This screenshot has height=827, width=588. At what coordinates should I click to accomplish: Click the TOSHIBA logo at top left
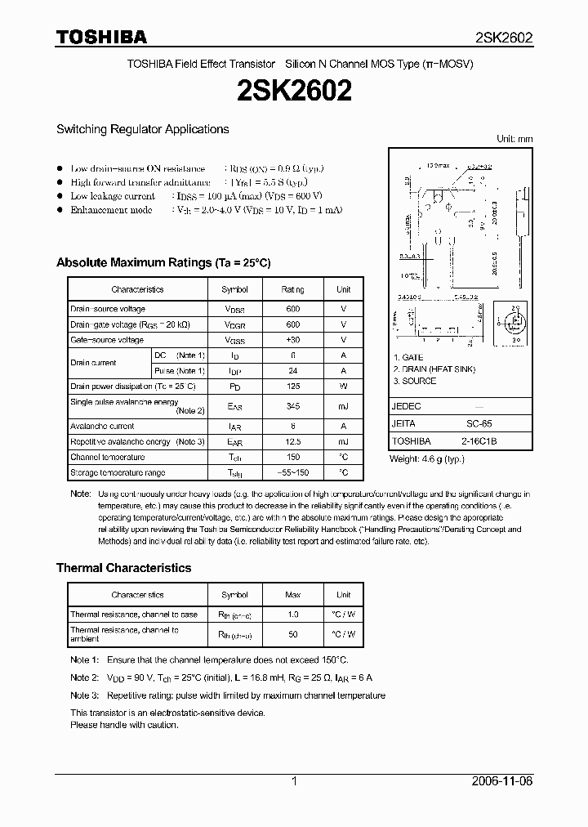[x=101, y=37]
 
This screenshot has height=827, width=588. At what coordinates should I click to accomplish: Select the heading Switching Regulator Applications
[x=142, y=129]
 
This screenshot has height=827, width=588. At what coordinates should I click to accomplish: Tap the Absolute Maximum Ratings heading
[x=163, y=263]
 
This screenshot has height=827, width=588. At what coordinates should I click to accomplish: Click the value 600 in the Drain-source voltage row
[x=293, y=309]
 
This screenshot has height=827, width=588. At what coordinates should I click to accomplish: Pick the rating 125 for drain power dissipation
[x=293, y=386]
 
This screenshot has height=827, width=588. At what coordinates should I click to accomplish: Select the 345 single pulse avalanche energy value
[x=293, y=406]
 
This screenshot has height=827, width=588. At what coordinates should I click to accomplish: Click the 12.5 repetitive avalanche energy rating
[x=293, y=442]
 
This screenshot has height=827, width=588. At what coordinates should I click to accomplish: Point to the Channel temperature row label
[x=108, y=458]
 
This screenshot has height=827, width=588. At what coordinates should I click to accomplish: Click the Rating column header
[x=293, y=289]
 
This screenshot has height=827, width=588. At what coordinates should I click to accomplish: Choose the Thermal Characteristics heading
[x=123, y=568]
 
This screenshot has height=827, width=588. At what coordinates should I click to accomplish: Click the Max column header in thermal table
[x=293, y=595]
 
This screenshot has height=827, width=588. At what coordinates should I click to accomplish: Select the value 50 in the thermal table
[x=293, y=634]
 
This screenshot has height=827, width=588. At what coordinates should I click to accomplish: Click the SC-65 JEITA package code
[x=479, y=424]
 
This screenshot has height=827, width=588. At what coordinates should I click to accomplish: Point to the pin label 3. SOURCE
[x=415, y=381]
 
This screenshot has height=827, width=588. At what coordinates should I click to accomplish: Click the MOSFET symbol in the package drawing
[x=515, y=322]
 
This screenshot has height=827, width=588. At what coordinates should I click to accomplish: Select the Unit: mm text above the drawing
[x=514, y=139]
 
